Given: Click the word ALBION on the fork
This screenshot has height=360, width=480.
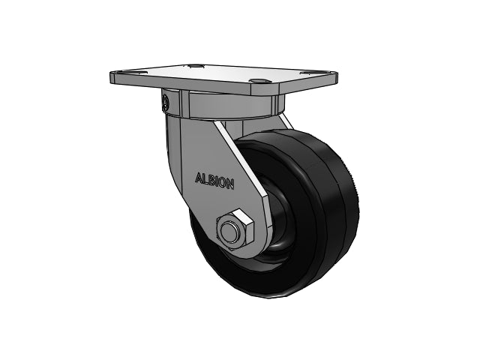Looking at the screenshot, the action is (x=214, y=181).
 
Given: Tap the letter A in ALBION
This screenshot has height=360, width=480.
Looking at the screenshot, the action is (x=198, y=178).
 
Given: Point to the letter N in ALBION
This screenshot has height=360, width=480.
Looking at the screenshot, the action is (x=231, y=184).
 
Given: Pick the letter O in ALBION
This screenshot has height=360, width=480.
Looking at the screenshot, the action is (x=223, y=183).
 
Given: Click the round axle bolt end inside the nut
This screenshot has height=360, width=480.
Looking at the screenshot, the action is (x=229, y=232).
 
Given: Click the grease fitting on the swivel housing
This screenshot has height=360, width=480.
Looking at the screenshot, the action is (x=165, y=102).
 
